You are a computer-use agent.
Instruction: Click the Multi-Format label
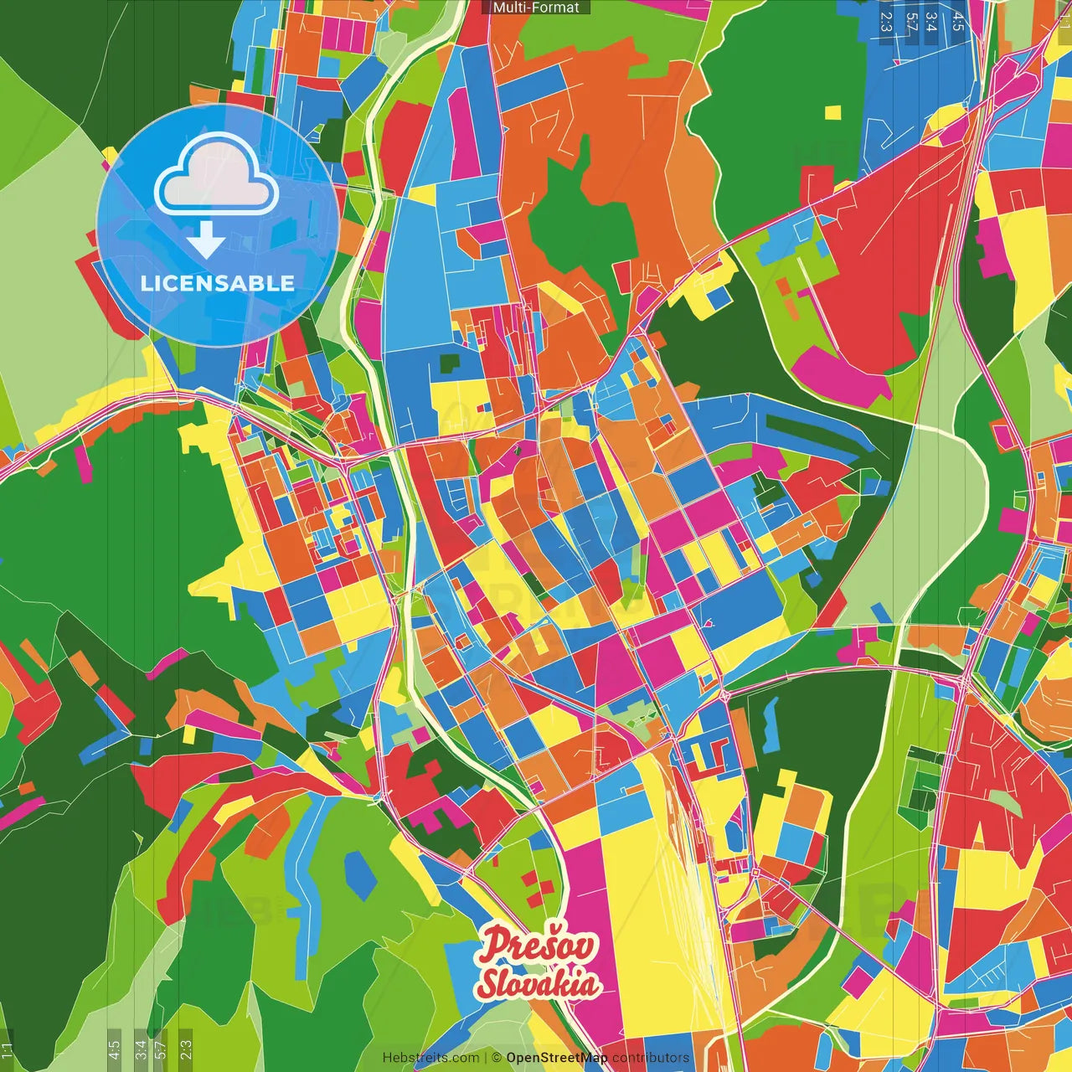click(x=536, y=8)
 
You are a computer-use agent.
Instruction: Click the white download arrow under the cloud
click(x=206, y=240)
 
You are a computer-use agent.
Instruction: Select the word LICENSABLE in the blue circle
click(x=217, y=283)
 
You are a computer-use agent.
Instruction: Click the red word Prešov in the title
click(x=539, y=946)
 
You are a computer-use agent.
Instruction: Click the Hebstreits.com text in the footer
click(x=430, y=1058)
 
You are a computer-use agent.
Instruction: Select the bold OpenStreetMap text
click(x=556, y=1058)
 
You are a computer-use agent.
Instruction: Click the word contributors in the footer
click(x=651, y=1058)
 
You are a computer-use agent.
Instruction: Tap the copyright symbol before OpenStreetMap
click(x=497, y=1058)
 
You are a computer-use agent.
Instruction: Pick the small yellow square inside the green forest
click(x=832, y=112)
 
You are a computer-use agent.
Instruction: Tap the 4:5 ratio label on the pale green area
click(x=114, y=1047)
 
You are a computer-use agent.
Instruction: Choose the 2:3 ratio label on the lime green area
click(x=186, y=1047)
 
